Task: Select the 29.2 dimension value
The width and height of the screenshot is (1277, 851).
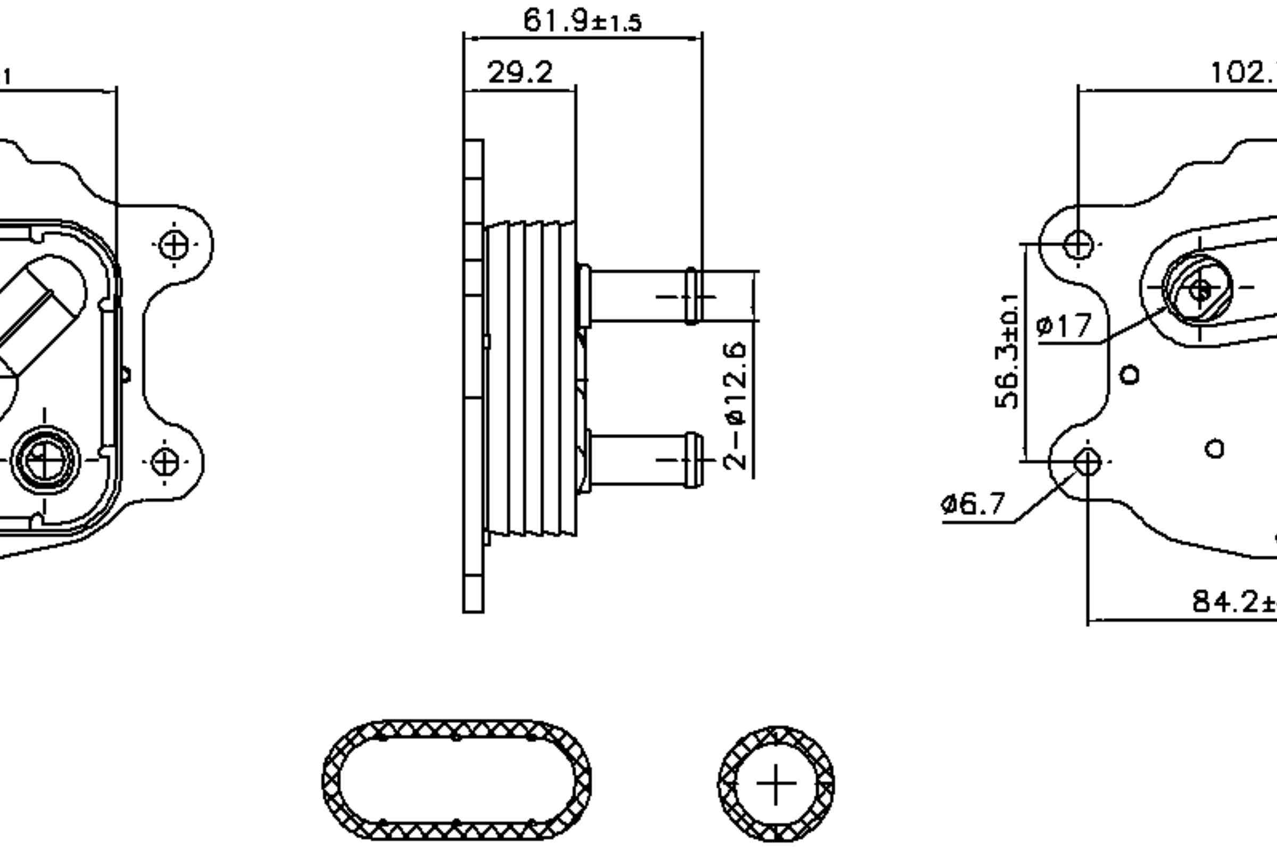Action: point(520,73)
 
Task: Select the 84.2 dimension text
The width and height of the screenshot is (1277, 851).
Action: point(1232,602)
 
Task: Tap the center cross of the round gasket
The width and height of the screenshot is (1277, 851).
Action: point(776,783)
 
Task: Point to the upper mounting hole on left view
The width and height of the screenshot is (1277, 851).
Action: point(175,245)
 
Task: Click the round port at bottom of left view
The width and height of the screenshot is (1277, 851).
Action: point(45,460)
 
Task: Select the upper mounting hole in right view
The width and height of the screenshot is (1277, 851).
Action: point(1078,244)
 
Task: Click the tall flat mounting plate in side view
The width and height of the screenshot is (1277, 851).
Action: point(474,380)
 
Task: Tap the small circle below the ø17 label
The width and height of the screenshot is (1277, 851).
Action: point(1130,374)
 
